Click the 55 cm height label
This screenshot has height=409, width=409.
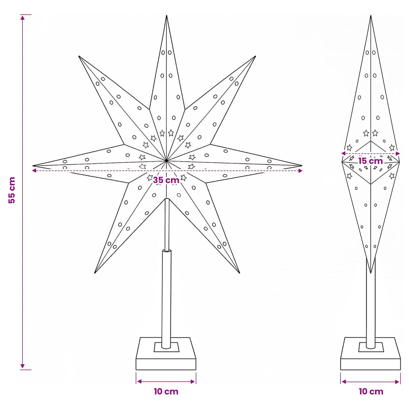pyautogui.click(x=12, y=190)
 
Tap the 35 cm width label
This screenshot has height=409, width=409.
pyautogui.click(x=166, y=180)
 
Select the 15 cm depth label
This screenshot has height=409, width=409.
pyautogui.click(x=370, y=161)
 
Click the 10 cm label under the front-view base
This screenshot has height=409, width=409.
pyautogui.click(x=166, y=392)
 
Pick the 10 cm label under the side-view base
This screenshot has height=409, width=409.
pyautogui.click(x=371, y=392)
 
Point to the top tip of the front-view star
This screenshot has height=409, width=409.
pyautogui.click(x=167, y=15)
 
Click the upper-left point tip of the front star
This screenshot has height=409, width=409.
pyautogui.click(x=79, y=56)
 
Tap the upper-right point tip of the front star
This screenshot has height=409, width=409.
pyautogui.click(x=255, y=56)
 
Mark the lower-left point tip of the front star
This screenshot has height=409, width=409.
pyautogui.click(x=95, y=273)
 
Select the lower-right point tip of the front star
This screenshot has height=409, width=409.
pyautogui.click(x=239, y=273)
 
